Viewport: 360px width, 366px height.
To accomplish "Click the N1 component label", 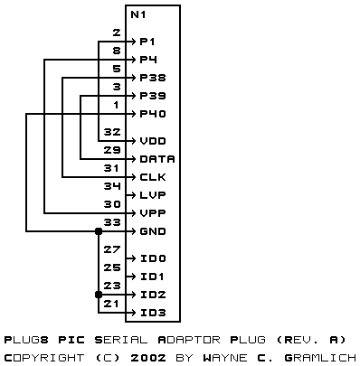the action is coord(138,14).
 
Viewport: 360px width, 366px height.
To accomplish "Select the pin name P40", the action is coord(153,114).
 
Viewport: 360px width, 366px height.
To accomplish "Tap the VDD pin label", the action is coord(153,141).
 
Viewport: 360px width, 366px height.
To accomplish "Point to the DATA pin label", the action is coord(157,159).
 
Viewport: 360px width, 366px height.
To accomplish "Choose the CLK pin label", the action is coord(153,177).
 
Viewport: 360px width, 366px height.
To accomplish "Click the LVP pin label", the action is coord(153,195).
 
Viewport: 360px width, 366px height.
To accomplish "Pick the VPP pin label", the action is coord(153,213).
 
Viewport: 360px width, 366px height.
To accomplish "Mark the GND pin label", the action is coord(153,231).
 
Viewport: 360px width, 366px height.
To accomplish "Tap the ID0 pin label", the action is coord(153,258).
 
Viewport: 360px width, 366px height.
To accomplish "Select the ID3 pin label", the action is coord(153,313).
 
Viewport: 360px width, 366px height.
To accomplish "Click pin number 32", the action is coord(112,132).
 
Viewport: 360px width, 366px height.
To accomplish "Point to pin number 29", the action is coord(112,150).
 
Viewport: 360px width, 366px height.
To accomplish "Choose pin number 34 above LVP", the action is coord(112,186).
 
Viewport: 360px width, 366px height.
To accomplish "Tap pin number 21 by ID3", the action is coord(111,304).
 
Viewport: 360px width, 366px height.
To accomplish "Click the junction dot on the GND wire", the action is coord(99,231).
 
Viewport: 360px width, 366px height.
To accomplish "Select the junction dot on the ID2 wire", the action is coord(99,295).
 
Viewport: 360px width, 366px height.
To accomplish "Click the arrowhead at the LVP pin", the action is coord(133,195).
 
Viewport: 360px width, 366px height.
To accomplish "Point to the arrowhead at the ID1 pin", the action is coord(133,277).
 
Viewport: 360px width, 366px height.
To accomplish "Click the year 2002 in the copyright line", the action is coord(148,358).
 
